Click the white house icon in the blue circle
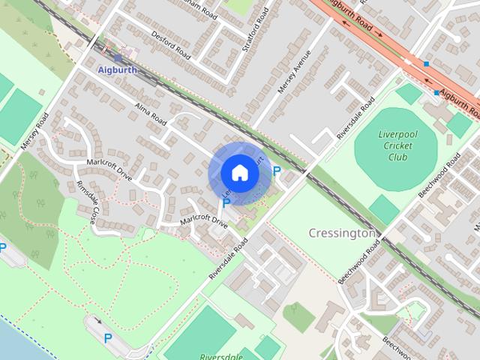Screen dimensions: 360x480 click(x=239, y=173)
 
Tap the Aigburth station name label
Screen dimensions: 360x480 click(x=118, y=69)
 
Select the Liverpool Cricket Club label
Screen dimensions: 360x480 click(x=397, y=145)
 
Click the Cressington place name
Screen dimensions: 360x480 click(x=342, y=233)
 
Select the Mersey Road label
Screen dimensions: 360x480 click(x=35, y=130)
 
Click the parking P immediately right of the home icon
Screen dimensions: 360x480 click(x=277, y=172)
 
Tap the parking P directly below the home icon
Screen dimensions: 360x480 click(x=226, y=203)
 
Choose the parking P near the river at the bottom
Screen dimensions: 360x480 click(x=108, y=338)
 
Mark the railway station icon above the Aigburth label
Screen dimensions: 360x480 click(x=118, y=58)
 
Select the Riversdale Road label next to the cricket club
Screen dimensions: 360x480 click(x=355, y=119)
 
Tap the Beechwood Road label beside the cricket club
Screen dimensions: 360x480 click(x=439, y=178)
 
